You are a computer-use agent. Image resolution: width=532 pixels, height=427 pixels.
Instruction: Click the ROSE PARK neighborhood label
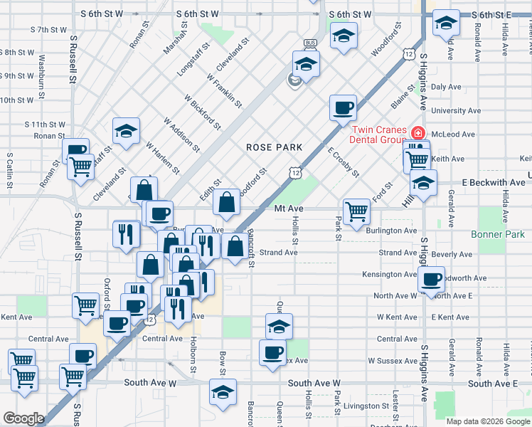click(275, 147)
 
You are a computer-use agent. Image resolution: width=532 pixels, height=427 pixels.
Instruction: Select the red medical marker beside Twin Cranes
click(418, 133)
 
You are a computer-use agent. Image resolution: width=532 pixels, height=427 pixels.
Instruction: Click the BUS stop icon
click(309, 43)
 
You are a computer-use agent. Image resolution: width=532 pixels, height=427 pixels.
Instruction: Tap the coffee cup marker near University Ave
click(343, 107)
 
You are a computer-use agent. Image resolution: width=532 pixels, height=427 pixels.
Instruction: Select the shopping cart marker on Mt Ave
click(356, 210)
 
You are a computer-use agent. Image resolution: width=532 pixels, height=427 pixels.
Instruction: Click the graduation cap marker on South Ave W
click(223, 392)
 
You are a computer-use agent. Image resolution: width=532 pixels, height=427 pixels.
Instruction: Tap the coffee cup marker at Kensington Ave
click(431, 279)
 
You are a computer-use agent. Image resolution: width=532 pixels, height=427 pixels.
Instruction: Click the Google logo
click(23, 418)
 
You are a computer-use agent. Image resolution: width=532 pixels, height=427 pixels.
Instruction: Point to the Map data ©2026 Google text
click(487, 421)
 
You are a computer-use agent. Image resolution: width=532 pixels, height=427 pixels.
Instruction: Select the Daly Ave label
click(447, 87)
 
